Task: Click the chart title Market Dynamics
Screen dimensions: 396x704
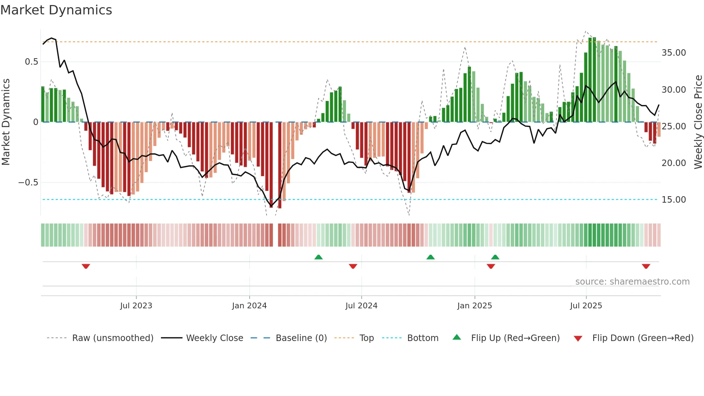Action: pos(56,10)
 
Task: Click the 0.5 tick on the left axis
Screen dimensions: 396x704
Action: pos(31,62)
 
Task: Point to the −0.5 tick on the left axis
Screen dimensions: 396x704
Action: pos(28,183)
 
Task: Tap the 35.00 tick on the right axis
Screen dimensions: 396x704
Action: pos(673,53)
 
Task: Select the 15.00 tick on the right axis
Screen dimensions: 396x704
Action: pos(673,200)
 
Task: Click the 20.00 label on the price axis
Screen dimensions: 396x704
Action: pos(673,163)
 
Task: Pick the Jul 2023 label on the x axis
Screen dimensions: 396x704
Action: pos(136,306)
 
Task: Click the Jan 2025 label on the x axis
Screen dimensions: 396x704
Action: pos(474,306)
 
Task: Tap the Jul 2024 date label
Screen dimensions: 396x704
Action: pos(361,306)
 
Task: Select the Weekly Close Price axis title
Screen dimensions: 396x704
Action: pos(698,122)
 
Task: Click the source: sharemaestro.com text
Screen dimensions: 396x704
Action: pos(632,282)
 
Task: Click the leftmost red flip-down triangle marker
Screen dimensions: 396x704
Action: pos(86,266)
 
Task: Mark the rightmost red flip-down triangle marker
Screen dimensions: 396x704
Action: pos(646,266)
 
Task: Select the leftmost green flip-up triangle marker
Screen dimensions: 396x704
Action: pos(318,257)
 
